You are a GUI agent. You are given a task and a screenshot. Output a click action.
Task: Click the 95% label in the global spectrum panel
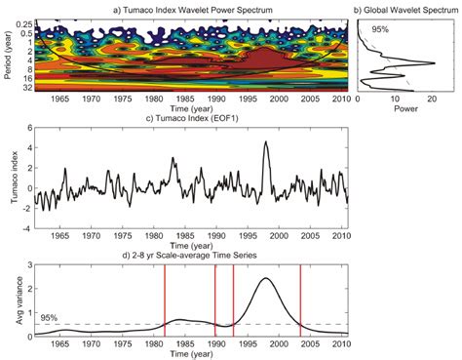coord(379,31)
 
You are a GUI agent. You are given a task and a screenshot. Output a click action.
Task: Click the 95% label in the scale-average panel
coord(48,317)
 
